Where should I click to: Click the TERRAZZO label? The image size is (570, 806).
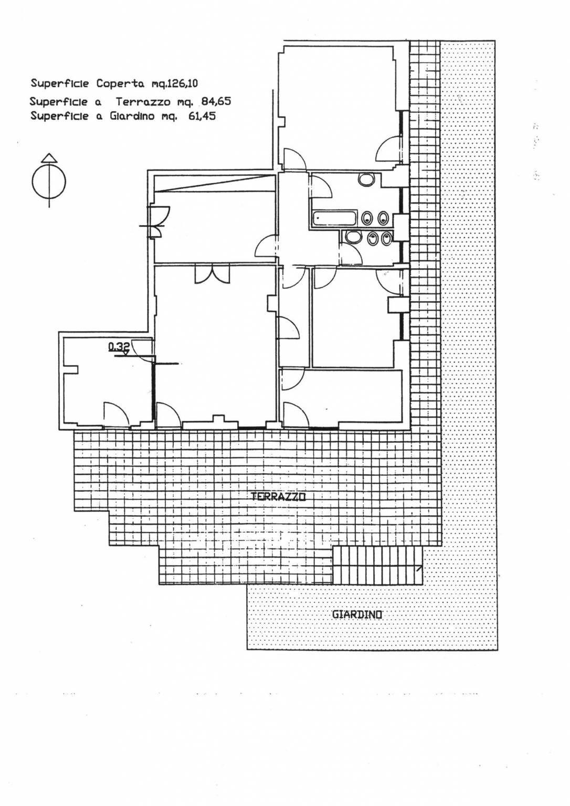click(x=278, y=497)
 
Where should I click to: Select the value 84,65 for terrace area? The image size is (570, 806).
click(x=216, y=102)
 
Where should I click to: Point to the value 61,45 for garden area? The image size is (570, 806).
click(x=201, y=116)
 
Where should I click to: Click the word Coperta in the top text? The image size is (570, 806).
click(x=120, y=84)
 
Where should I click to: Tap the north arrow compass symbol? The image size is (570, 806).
click(x=49, y=180)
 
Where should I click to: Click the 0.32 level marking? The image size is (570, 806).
click(x=119, y=346)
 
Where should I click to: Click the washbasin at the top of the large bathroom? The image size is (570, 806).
click(x=367, y=179)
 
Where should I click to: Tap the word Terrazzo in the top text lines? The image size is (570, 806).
click(x=143, y=102)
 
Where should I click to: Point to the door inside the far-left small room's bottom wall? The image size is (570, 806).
click(x=116, y=413)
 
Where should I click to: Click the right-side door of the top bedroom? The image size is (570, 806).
click(x=388, y=149)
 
